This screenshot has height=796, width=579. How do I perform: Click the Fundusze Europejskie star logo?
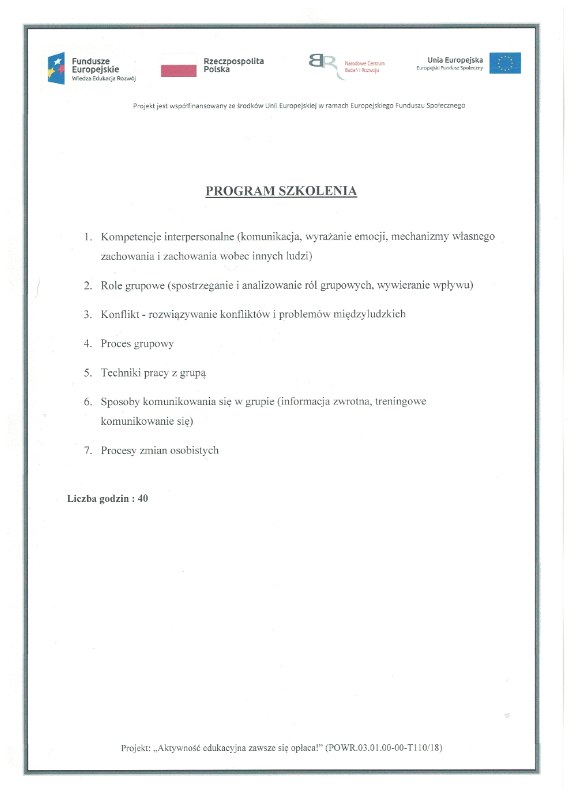pos(57,68)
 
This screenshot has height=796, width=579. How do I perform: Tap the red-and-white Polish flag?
pos(178,67)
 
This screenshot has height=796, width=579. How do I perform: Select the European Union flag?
pos(505,63)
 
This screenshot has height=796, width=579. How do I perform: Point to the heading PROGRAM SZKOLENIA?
pos(281,191)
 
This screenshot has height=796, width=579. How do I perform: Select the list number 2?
pos(87,286)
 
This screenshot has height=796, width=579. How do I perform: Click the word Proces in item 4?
pos(116,344)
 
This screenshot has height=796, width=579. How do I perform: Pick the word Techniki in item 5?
pos(120,373)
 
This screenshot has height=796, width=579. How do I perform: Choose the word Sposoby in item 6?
pos(120,402)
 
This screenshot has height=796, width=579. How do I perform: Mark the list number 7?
pos(87,451)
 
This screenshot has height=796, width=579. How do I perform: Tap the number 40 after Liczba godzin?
pos(142,498)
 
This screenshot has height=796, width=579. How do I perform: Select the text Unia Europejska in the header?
pos(455,60)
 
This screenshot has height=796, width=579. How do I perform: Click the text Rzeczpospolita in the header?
pos(234,61)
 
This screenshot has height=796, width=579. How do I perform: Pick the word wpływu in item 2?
pos(452,286)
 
